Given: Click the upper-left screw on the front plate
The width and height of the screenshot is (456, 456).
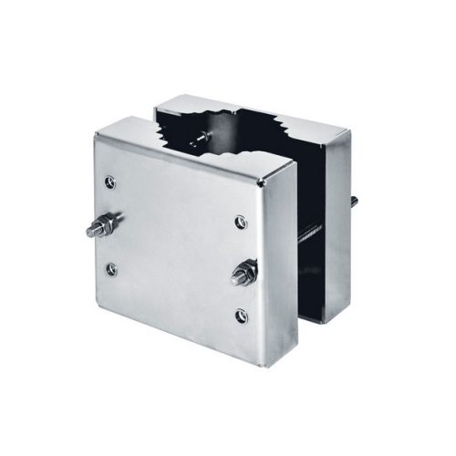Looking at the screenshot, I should tap(110, 182).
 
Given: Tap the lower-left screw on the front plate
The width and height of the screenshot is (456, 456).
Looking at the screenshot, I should tap(111, 269).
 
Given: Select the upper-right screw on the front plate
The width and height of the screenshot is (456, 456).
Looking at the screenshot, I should tap(240, 222).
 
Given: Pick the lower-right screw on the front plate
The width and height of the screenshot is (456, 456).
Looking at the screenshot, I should tap(241, 316).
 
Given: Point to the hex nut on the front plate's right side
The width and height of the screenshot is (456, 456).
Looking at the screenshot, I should tap(244, 272).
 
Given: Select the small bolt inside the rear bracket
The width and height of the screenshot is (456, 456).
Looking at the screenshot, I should tap(197, 139).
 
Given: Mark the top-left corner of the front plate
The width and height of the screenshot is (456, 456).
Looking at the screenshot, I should tap(96, 133).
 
